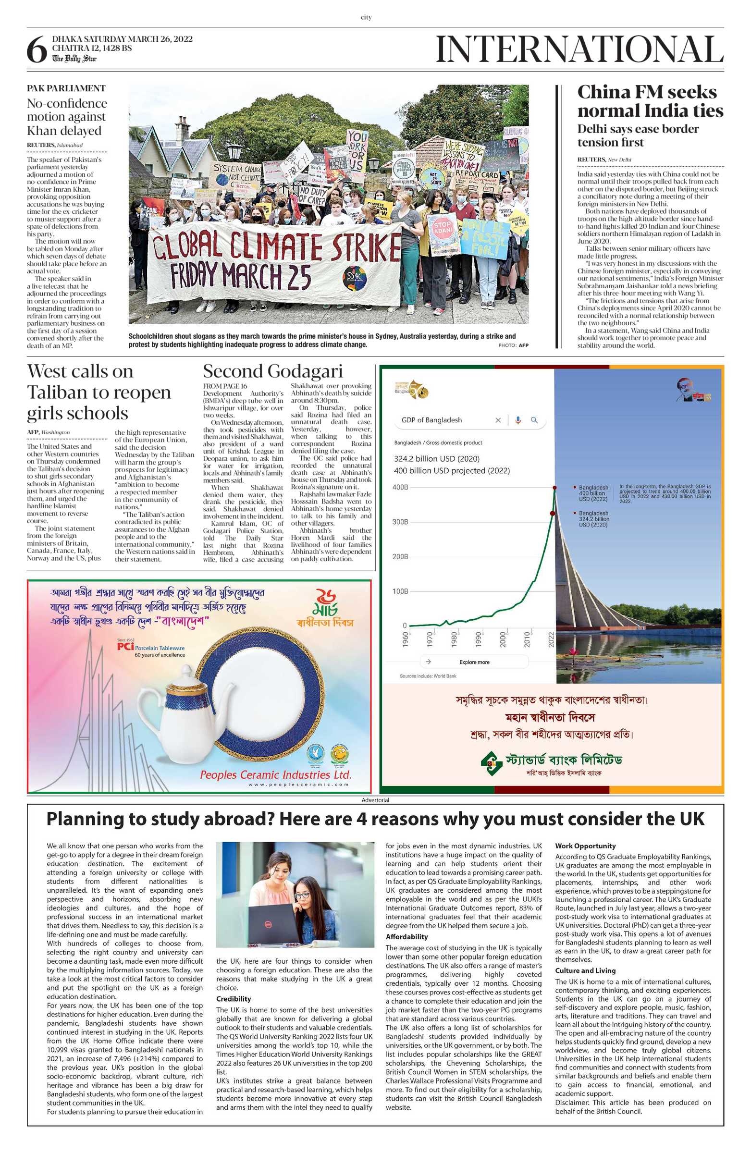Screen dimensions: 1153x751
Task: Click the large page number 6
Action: pyautogui.click(x=37, y=50)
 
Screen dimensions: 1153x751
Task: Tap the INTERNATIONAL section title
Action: pyautogui.click(x=579, y=49)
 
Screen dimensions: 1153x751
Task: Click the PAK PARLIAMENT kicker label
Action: pyautogui.click(x=66, y=88)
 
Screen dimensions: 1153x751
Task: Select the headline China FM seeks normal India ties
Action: pyautogui.click(x=650, y=101)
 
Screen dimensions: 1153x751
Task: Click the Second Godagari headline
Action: pyautogui.click(x=272, y=371)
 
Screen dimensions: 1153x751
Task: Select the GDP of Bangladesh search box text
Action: pyautogui.click(x=431, y=420)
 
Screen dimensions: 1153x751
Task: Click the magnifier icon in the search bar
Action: pyautogui.click(x=534, y=420)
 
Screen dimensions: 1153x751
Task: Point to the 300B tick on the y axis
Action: pyautogui.click(x=400, y=522)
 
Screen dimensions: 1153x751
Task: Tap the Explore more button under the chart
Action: pyautogui.click(x=474, y=662)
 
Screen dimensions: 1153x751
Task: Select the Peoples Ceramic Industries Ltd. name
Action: pyautogui.click(x=275, y=774)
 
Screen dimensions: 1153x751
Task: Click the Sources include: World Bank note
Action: pyautogui.click(x=428, y=676)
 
